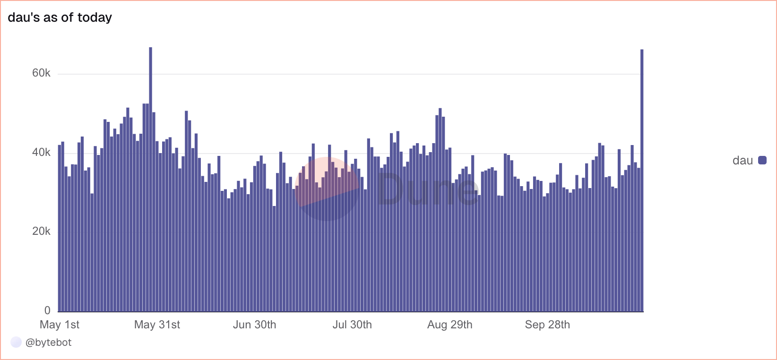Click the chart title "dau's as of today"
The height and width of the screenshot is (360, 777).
(60, 17)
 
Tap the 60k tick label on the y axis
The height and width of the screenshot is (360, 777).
(41, 73)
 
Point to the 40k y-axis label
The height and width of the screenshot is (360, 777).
(41, 153)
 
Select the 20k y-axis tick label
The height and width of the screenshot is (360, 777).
(41, 231)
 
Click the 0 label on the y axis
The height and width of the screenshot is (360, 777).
(47, 310)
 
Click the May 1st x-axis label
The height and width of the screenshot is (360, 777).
(60, 325)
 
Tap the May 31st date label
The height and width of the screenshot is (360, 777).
(157, 325)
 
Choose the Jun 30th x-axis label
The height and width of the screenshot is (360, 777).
(254, 325)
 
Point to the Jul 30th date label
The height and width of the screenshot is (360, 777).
(352, 325)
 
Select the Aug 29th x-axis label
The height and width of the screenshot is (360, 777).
(449, 325)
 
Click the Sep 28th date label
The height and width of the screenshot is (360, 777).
(547, 325)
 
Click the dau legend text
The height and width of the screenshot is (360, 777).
(742, 161)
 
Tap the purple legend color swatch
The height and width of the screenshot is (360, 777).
(762, 160)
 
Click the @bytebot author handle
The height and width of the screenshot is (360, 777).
(48, 343)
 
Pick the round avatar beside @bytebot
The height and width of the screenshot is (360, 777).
(16, 343)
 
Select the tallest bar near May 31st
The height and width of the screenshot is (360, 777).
(151, 180)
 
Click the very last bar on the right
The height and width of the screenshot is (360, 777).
(642, 180)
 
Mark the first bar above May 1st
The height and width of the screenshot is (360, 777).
(60, 227)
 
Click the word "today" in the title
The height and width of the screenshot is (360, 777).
(95, 17)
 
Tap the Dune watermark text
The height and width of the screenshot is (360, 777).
(428, 189)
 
